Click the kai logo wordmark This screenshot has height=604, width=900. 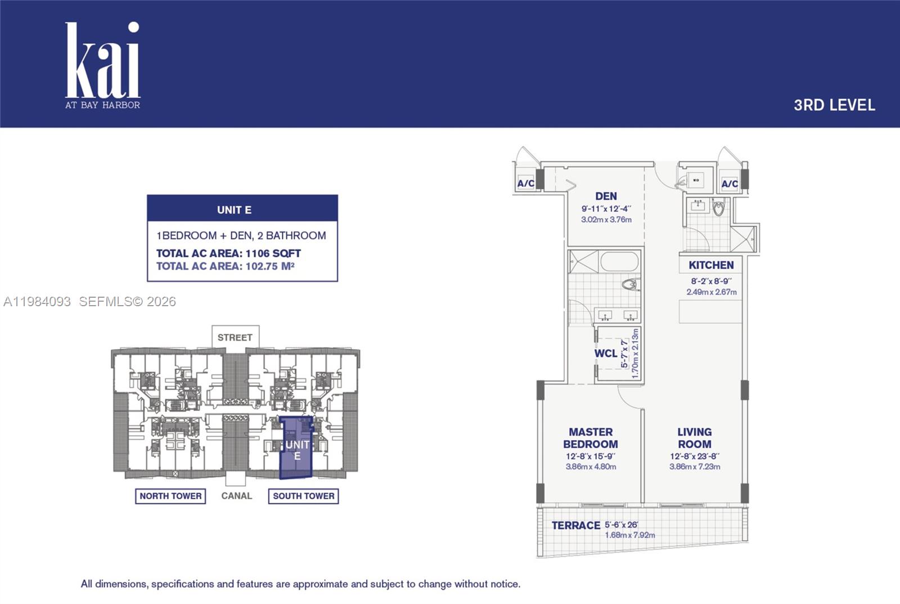[x=102, y=62]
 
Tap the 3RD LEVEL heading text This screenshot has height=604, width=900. [x=834, y=105]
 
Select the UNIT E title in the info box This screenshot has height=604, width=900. [x=235, y=210]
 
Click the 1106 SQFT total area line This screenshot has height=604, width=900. [x=228, y=253]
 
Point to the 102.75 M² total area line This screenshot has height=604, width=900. [x=225, y=266]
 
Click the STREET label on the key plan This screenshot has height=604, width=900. [x=235, y=338]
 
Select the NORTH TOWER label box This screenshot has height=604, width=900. [x=170, y=496]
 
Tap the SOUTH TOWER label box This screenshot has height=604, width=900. [x=303, y=496]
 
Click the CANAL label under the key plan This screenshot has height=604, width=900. [x=236, y=496]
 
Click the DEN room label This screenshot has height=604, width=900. [x=606, y=196]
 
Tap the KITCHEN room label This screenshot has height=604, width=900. [x=711, y=265]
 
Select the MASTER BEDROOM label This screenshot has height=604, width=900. [x=590, y=438]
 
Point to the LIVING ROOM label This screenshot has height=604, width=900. [x=694, y=438]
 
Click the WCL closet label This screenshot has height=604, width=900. [x=605, y=354]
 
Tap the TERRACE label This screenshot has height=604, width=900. [x=575, y=525]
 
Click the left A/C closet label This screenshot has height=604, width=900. [x=525, y=184]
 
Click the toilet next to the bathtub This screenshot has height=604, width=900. [x=631, y=284]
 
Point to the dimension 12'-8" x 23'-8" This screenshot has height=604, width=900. [x=694, y=457]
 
